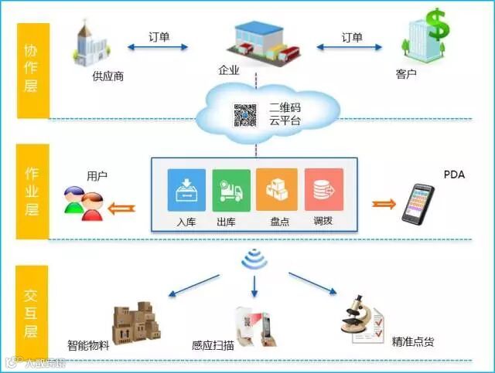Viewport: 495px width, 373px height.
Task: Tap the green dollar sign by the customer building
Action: (438, 25)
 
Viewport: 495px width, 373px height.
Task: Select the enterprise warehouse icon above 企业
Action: (260, 42)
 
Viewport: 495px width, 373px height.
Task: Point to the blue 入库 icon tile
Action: (187, 189)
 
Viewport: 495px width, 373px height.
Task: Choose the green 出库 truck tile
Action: (231, 189)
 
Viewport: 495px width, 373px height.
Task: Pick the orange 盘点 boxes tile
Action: (277, 189)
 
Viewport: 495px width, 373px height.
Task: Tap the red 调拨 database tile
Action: (323, 189)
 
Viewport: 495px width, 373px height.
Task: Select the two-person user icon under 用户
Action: (84, 203)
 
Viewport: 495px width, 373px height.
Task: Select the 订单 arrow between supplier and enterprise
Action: (159, 47)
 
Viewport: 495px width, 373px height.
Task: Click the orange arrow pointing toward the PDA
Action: (383, 204)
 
